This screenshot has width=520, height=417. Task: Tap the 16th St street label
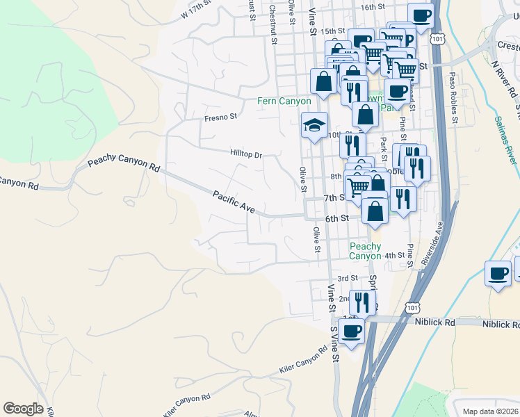pos(373,6)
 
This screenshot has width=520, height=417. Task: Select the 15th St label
pos(333,31)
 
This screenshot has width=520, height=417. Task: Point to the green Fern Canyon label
pos(284,101)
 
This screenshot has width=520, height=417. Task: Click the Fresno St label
pos(221,117)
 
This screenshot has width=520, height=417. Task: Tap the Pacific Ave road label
pos(234,202)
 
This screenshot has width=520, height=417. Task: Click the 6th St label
pos(336,218)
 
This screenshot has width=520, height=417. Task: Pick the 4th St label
pos(395,256)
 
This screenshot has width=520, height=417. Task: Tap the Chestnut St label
pos(274,26)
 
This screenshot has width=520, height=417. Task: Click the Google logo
pos(23,408)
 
